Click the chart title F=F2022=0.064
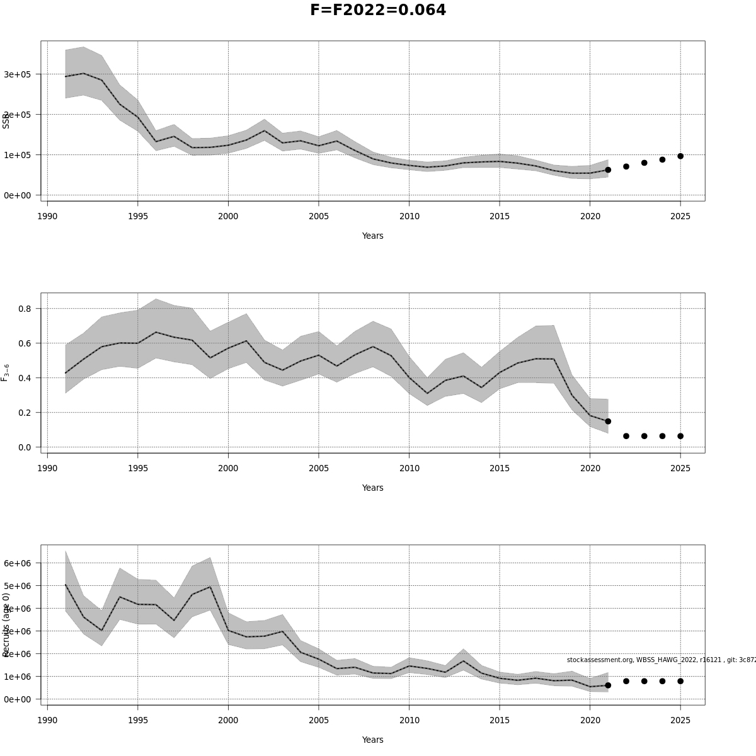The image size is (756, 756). click(378, 10)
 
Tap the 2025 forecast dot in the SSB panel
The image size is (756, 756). click(680, 156)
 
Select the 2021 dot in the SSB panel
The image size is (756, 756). click(608, 170)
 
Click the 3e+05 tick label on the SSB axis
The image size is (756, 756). click(18, 74)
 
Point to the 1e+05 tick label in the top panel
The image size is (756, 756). click(18, 155)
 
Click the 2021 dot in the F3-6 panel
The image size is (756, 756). click(608, 421)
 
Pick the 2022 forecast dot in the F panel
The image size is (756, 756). click(626, 436)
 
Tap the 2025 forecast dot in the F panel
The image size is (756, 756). click(680, 436)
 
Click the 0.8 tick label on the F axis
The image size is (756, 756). click(25, 309)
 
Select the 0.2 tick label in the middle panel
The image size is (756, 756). click(25, 413)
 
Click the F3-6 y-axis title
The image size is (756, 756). click(6, 372)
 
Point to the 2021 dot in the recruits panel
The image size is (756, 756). click(608, 685)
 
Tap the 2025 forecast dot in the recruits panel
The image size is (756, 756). click(680, 681)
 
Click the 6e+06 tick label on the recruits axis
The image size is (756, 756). click(18, 563)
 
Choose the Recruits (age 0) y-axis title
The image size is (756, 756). click(6, 624)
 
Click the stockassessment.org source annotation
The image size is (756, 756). click(661, 660)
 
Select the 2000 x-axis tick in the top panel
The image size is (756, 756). click(228, 216)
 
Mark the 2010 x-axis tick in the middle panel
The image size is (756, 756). click(409, 468)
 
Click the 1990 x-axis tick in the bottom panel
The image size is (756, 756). click(47, 720)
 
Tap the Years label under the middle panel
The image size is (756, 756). click(372, 488)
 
